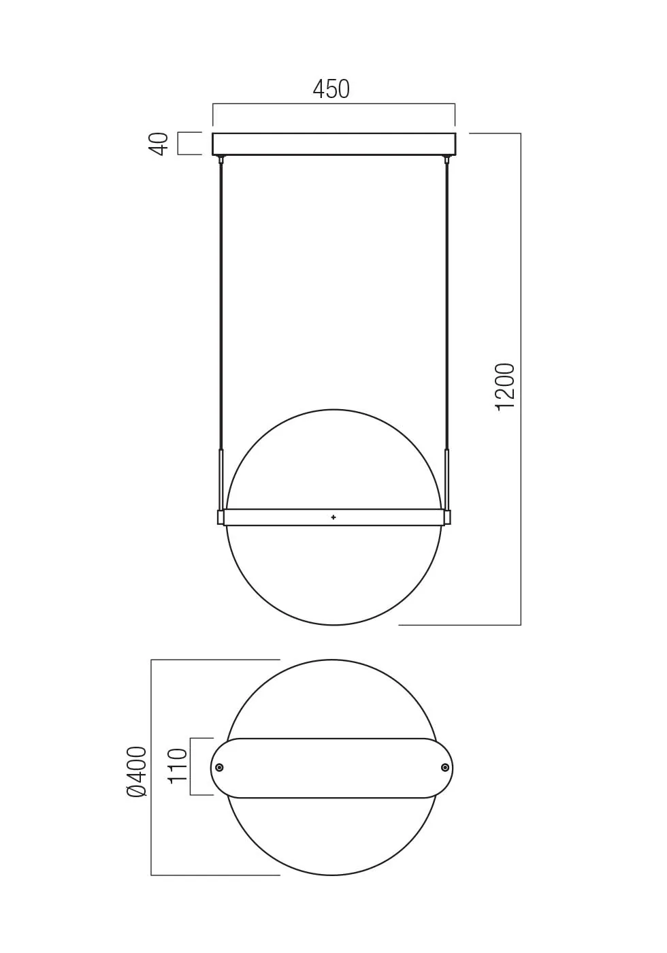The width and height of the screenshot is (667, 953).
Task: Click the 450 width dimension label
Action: point(331,89)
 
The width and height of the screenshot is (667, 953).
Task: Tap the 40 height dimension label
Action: point(159,144)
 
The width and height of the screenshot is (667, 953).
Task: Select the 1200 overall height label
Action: point(505,386)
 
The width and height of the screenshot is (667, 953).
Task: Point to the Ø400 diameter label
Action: point(137,771)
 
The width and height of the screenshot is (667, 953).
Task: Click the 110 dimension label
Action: point(177,766)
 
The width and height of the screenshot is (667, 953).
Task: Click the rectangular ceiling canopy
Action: point(333,144)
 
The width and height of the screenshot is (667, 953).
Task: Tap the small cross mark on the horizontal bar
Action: point(333,517)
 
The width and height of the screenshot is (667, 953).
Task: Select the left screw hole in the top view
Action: point(219,768)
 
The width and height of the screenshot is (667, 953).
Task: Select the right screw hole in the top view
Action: point(445,768)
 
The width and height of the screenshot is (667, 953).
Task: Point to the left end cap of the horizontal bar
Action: point(221,517)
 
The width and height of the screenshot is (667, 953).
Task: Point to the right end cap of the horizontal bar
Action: point(447,517)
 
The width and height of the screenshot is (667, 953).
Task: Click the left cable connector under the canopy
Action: point(221,160)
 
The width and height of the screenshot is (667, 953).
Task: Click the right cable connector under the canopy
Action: point(447,160)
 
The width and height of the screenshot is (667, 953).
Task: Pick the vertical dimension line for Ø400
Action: point(151,851)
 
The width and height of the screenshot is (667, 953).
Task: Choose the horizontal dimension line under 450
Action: point(272,104)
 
